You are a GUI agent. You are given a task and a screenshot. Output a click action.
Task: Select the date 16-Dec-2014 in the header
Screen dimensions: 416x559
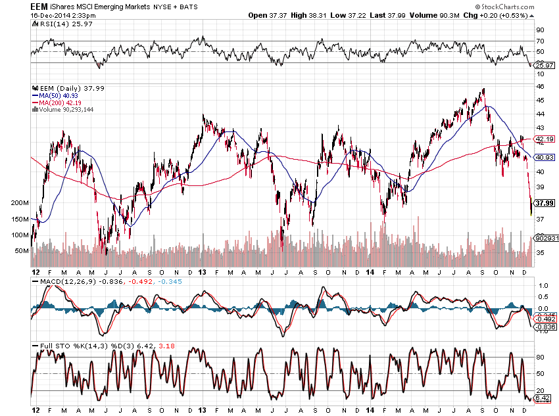(x=53, y=15)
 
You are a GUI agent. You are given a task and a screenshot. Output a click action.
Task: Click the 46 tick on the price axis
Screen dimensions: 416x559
(x=539, y=86)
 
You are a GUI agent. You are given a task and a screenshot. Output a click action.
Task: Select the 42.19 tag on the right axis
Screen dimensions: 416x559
(x=545, y=139)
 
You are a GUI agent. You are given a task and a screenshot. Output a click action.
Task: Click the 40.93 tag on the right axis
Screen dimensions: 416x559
(x=545, y=157)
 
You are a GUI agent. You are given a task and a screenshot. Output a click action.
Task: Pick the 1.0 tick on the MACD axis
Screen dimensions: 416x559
(x=542, y=286)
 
